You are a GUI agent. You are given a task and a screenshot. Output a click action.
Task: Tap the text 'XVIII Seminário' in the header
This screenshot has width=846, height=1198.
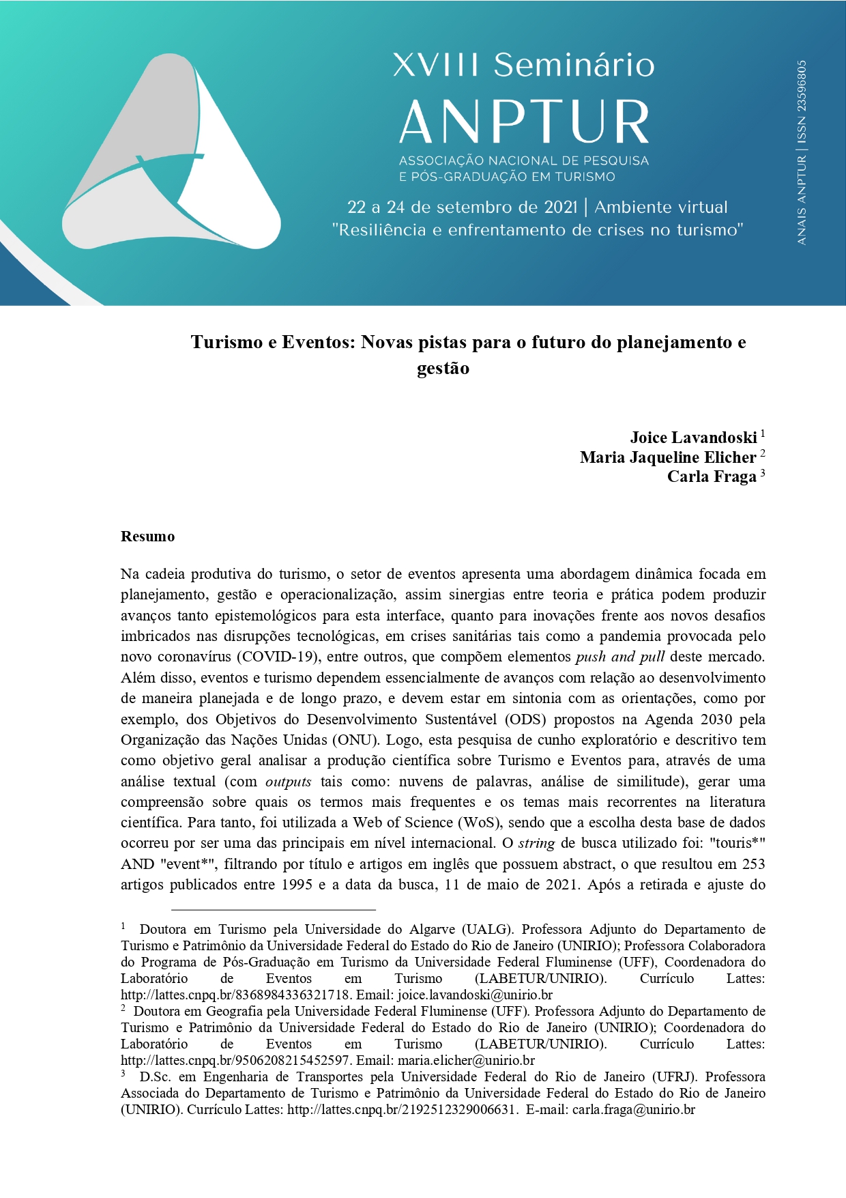[523, 65]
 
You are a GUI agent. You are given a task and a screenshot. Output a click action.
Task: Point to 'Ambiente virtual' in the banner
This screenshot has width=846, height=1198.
[660, 207]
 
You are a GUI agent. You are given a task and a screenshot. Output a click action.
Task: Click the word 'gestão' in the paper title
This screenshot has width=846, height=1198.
[443, 369]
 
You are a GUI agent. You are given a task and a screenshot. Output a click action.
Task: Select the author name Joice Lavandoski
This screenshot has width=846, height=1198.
[693, 438]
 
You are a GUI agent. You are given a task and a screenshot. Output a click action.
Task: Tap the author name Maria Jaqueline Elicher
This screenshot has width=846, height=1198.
[668, 457]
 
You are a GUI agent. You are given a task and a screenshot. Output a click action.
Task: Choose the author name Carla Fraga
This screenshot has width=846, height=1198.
[712, 476]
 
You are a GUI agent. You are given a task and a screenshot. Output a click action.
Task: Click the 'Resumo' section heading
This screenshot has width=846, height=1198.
[147, 537]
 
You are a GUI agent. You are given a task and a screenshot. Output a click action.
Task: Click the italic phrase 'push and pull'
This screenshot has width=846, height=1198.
[619, 657]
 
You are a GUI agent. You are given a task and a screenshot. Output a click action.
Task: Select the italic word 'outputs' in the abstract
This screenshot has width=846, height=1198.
[288, 782]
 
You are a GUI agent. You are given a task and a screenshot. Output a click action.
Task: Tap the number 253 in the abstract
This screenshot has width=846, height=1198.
[753, 864]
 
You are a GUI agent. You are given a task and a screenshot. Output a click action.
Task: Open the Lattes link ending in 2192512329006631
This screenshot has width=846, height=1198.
[400, 1109]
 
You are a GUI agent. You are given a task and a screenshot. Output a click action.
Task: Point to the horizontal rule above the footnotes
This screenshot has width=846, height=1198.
[273, 910]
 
